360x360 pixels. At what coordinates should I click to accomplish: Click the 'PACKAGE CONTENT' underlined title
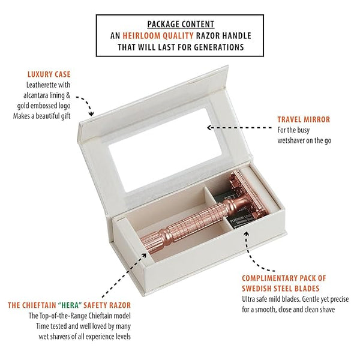181,24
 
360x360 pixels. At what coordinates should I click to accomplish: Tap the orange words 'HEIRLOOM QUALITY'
158,36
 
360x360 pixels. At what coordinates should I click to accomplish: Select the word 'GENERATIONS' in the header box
219,47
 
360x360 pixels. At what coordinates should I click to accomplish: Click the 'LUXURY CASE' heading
49,74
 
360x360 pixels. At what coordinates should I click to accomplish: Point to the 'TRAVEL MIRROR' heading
304,119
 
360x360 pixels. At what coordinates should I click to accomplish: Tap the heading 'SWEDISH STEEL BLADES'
281,289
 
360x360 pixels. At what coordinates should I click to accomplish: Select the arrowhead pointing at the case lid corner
91,113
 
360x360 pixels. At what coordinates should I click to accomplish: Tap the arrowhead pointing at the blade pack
247,234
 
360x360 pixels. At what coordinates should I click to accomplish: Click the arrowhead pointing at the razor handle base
144,256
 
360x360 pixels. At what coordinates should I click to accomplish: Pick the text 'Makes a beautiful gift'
41,116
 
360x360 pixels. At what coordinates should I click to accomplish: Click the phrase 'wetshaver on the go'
304,140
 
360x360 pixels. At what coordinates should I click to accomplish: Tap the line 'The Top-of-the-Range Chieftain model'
80,316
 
